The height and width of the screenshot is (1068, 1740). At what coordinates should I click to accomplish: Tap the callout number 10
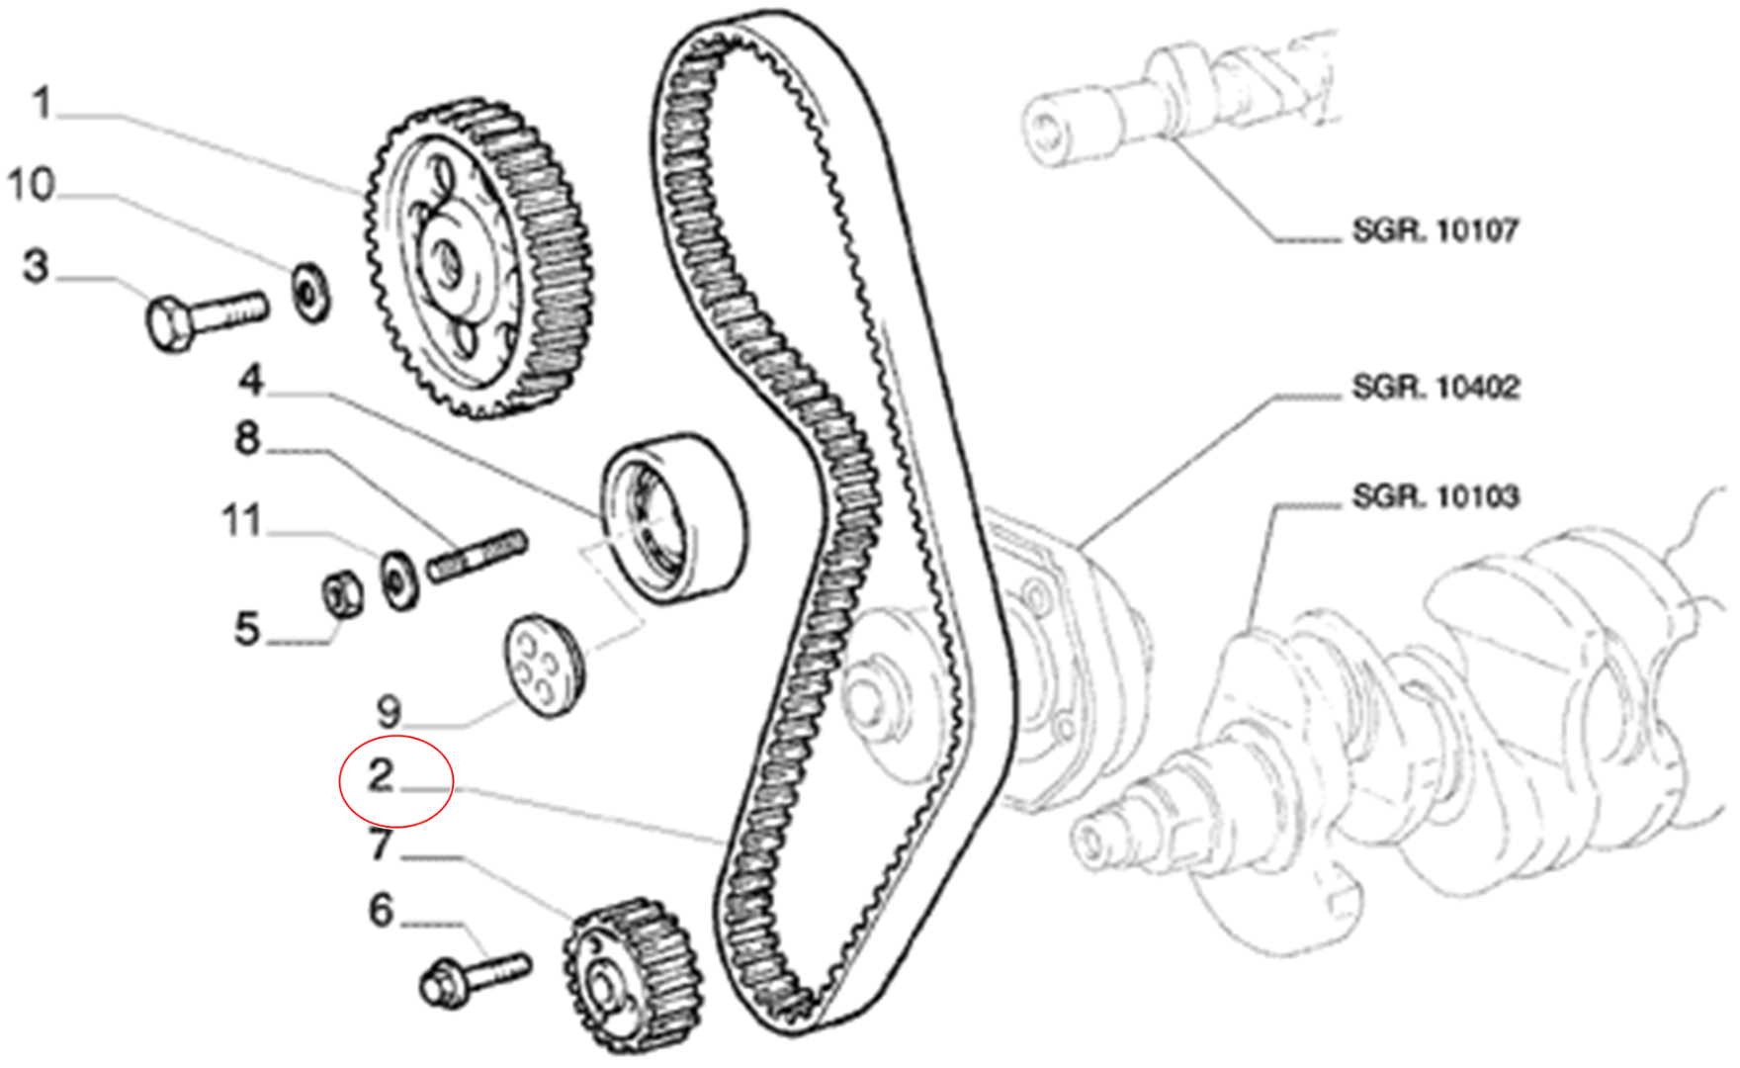(x=32, y=185)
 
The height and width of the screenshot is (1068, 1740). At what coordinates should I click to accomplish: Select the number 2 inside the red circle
(x=382, y=776)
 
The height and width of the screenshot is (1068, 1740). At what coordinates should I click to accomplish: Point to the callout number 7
(x=381, y=845)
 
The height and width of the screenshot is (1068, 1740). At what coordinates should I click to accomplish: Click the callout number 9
(x=390, y=711)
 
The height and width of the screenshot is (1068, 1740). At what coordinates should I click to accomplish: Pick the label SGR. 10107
(x=1435, y=231)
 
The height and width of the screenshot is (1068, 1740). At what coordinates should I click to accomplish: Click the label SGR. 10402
(x=1435, y=388)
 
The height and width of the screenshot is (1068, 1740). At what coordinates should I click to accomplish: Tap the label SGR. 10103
(x=1435, y=496)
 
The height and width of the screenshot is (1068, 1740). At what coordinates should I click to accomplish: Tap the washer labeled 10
(x=311, y=291)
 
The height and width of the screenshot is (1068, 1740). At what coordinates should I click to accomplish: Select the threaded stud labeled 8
(x=478, y=557)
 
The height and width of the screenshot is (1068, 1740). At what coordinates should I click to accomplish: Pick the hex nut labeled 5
(x=343, y=594)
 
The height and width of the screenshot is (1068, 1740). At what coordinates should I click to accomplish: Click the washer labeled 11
(x=399, y=580)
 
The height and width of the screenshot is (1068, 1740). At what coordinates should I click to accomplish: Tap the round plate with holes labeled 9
(x=545, y=665)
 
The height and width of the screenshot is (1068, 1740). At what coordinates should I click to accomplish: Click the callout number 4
(x=251, y=380)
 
